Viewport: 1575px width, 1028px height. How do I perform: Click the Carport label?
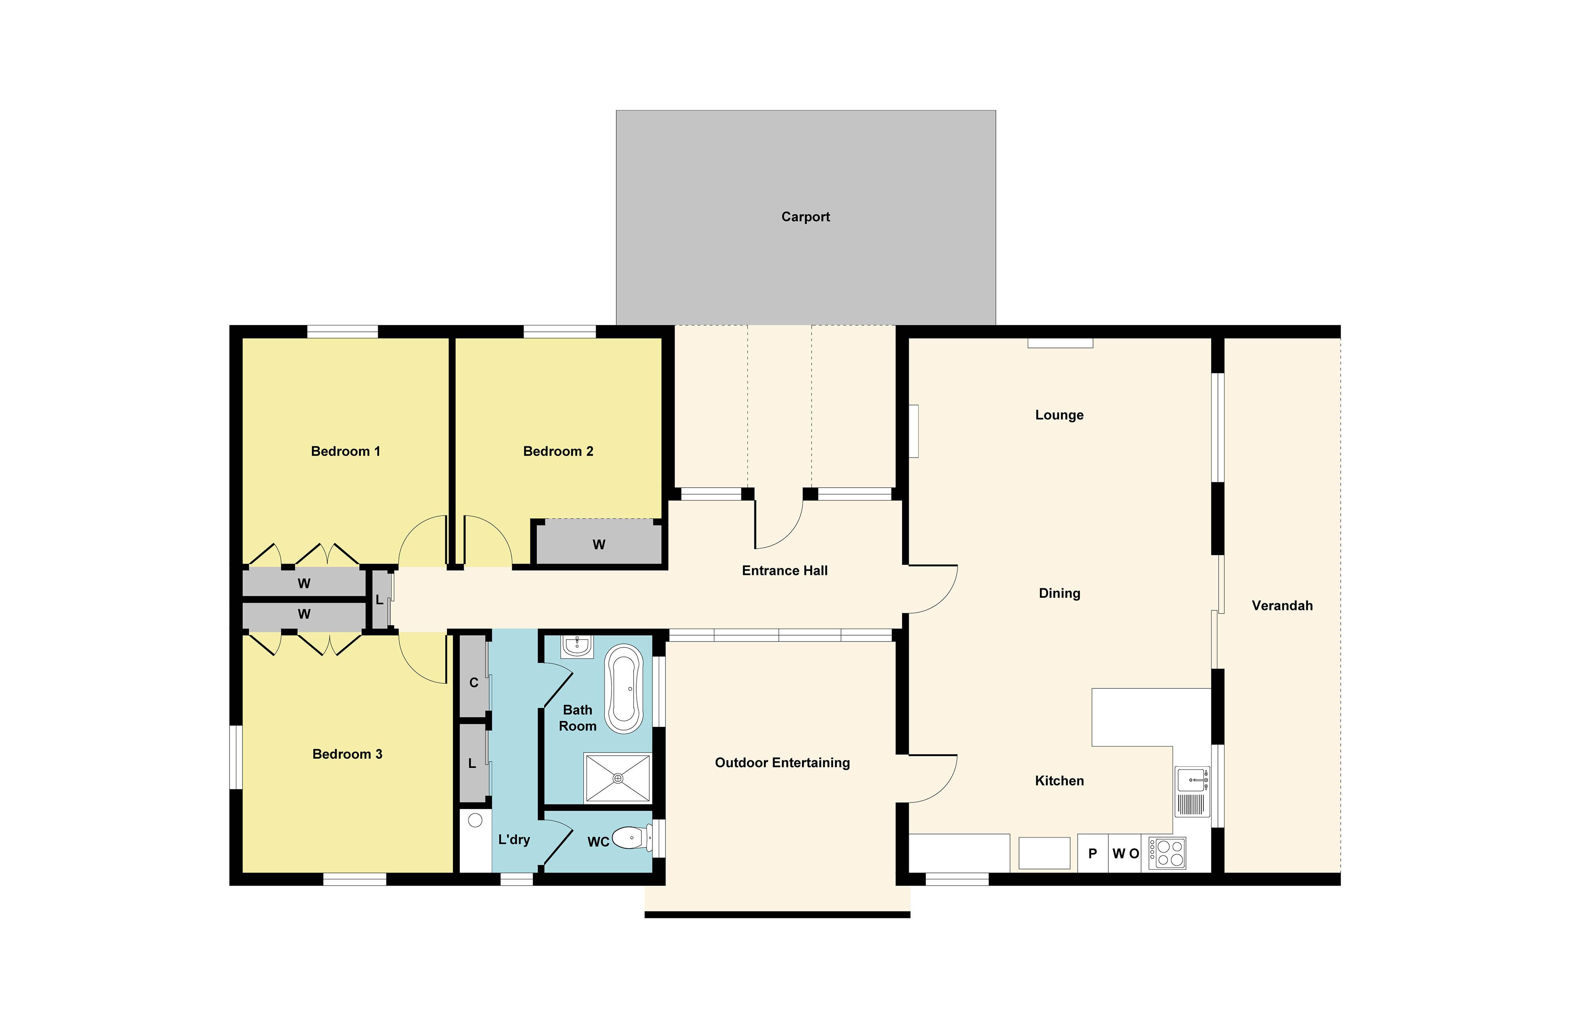pyautogui.click(x=805, y=217)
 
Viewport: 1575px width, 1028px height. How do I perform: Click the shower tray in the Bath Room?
pyautogui.click(x=617, y=778)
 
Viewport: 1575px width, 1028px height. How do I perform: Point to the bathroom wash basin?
pyautogui.click(x=577, y=646)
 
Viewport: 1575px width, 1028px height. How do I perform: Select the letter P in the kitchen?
pyautogui.click(x=1093, y=853)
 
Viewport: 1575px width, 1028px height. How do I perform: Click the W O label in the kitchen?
pyautogui.click(x=1126, y=853)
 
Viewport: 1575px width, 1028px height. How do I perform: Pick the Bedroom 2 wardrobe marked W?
pyautogui.click(x=599, y=544)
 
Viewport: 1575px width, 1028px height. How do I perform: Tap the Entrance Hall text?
pyautogui.click(x=784, y=570)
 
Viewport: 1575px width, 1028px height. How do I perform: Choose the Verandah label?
pyautogui.click(x=1282, y=605)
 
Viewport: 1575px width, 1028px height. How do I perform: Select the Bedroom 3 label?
pyautogui.click(x=347, y=754)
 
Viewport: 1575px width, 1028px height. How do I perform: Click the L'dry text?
pyautogui.click(x=514, y=839)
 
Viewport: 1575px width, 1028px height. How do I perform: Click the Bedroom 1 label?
pyautogui.click(x=345, y=451)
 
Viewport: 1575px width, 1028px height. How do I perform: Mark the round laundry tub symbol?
pyautogui.click(x=475, y=820)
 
